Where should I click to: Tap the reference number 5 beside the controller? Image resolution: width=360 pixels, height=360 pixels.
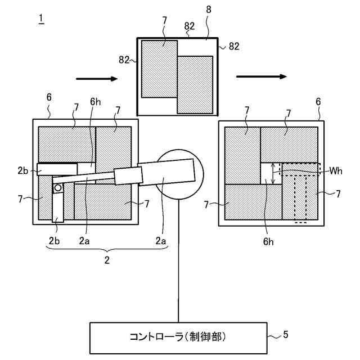click(285, 335)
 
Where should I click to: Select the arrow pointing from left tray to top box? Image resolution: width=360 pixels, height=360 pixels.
click(97, 79)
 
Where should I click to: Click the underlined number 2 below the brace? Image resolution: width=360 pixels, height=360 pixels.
click(107, 260)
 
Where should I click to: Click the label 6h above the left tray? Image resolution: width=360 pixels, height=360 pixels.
click(95, 102)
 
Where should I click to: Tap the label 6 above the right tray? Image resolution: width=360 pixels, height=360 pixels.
click(318, 102)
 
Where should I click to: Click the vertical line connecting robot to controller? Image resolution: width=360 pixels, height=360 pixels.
click(178, 259)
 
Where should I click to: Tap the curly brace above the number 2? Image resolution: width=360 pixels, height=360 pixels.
click(107, 250)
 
